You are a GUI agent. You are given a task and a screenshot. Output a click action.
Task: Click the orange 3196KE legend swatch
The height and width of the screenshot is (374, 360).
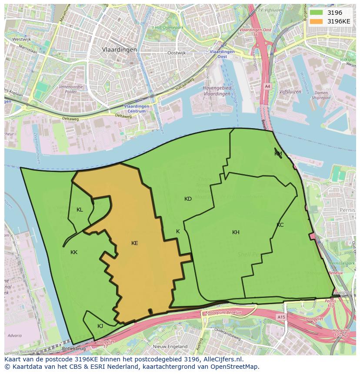(x=316, y=21)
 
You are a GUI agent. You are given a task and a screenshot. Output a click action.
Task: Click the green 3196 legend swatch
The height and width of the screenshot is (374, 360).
(x=316, y=13)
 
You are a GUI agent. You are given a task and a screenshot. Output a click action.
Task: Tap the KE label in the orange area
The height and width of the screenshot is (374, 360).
(x=135, y=243)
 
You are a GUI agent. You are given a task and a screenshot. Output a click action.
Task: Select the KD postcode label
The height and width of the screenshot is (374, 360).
(x=188, y=199)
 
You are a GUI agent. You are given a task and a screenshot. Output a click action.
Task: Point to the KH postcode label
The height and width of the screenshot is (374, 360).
(x=236, y=232)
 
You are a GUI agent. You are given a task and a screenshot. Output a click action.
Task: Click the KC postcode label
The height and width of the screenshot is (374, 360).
(x=280, y=225)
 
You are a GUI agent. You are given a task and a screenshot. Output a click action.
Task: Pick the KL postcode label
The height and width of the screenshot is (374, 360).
(x=80, y=210)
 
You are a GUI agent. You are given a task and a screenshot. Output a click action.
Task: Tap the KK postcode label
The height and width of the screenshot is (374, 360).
(x=74, y=252)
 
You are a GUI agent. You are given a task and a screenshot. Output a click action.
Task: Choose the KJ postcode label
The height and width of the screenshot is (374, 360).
(x=100, y=326)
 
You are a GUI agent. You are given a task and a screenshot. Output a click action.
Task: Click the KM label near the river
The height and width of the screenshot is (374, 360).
(x=278, y=154)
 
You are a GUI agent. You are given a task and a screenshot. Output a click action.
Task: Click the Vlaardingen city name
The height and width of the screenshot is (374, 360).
(x=119, y=50)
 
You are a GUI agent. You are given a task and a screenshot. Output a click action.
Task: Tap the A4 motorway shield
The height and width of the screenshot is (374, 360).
(x=267, y=86)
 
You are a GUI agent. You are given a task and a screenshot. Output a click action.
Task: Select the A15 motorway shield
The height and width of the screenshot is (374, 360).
(x=281, y=318)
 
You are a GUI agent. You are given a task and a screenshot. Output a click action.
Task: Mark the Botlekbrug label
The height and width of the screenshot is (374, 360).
(x=73, y=348)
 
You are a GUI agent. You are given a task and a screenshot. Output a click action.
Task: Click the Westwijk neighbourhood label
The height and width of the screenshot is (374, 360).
(x=21, y=39)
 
